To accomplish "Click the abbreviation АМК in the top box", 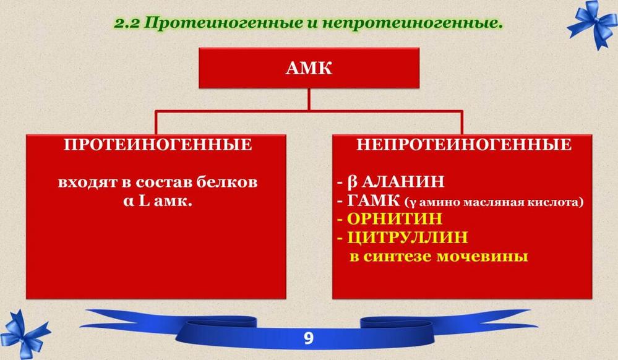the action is pyautogui.click(x=309, y=68).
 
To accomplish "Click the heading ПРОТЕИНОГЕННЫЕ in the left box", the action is pyautogui.click(x=158, y=145).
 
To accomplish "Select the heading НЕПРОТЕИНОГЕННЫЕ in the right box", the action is pyautogui.click(x=464, y=145).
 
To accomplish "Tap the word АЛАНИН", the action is pyautogui.click(x=403, y=182).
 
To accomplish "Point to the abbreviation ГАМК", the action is pyautogui.click(x=373, y=200).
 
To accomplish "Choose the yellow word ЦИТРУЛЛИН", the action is pyautogui.click(x=408, y=238).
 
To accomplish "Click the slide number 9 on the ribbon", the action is pyautogui.click(x=309, y=338).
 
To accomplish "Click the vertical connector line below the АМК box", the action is pyautogui.click(x=309, y=100).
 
